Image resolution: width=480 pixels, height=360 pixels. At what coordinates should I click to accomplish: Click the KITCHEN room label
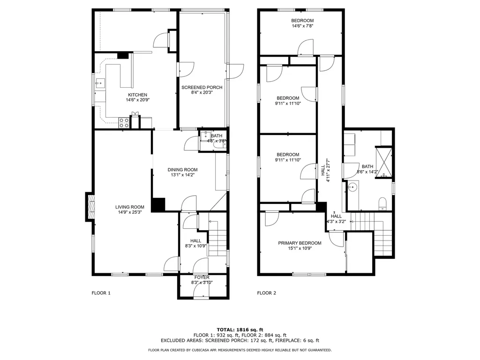137,95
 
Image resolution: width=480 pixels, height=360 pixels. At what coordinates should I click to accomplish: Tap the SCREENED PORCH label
202,87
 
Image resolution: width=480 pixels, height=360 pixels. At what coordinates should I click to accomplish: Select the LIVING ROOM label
130,207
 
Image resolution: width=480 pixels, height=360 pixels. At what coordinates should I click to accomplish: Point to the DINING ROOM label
182,170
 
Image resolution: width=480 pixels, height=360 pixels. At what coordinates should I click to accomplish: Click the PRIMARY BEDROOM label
300,243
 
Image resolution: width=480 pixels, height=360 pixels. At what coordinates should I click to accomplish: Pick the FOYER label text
202,277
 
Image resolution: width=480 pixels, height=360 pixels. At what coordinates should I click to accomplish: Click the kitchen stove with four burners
124,123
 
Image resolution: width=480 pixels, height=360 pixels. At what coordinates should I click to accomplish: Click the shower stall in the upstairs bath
384,163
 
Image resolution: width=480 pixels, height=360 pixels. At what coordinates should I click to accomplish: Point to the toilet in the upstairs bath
382,204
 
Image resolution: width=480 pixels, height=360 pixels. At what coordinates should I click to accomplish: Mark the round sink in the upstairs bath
353,187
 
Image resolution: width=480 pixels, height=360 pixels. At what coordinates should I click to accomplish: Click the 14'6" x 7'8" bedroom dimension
302,26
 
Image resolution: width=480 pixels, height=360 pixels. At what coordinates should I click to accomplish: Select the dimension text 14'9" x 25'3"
130,212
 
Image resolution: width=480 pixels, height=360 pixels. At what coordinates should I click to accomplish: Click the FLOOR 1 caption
101,293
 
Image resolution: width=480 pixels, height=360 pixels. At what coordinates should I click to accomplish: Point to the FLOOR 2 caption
267,293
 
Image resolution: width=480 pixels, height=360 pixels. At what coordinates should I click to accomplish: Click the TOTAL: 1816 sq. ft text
240,330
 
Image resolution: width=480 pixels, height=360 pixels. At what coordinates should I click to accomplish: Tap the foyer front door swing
201,292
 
